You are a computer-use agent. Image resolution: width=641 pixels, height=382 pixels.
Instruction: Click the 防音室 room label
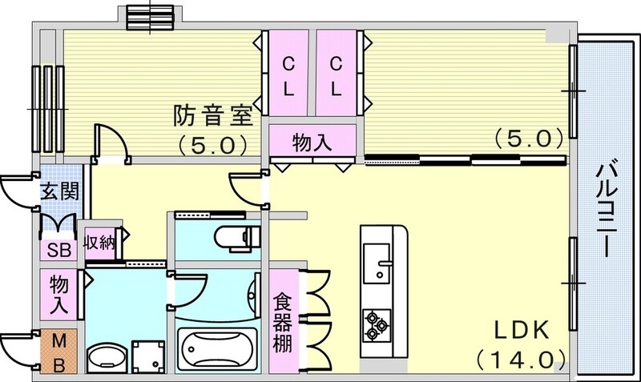tap(212, 118)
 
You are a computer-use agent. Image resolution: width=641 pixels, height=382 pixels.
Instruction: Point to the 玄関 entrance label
tap(58, 193)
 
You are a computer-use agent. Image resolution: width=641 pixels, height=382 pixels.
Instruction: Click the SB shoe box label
tap(58, 248)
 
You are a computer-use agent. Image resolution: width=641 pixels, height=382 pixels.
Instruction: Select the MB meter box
tap(58, 352)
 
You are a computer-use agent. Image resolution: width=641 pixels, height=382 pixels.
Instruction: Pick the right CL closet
tap(338, 74)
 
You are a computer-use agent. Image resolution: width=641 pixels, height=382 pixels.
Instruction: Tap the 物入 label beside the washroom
tap(59, 293)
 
